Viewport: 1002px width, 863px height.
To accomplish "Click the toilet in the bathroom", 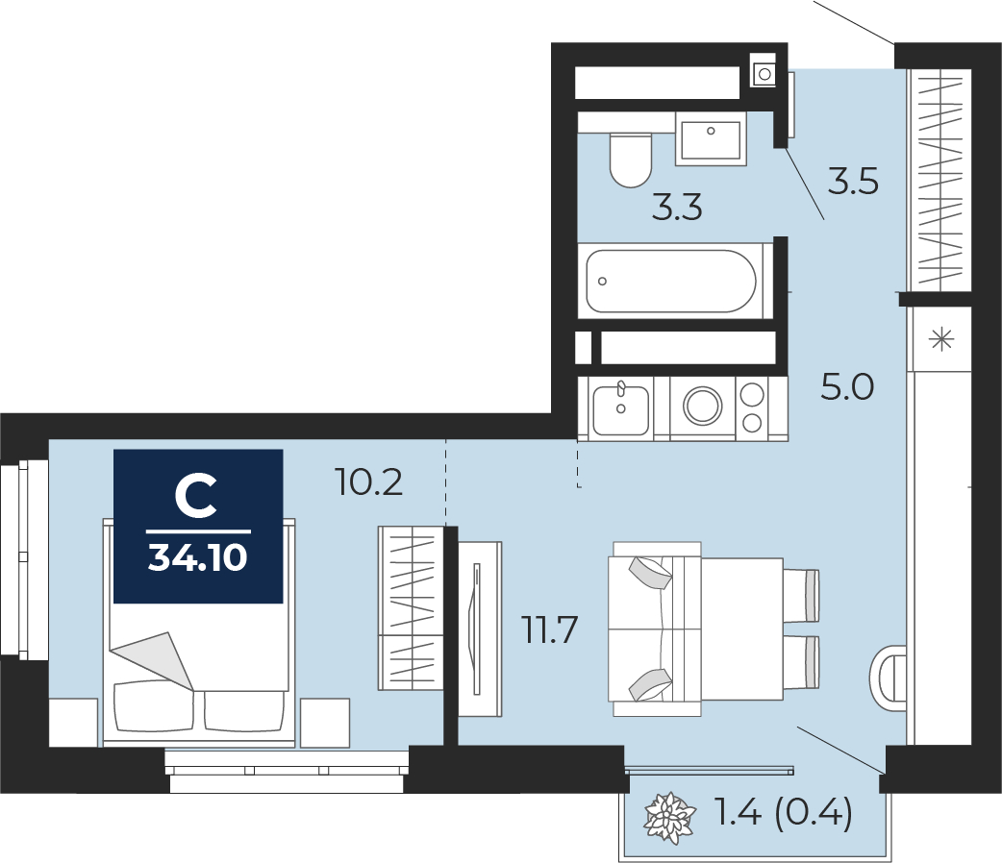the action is pyautogui.click(x=630, y=160).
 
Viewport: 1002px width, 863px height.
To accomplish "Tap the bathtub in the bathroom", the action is pyautogui.click(x=671, y=281).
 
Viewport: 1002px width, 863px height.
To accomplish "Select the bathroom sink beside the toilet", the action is pyautogui.click(x=711, y=138).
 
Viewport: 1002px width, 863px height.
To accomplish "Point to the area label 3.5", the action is pyautogui.click(x=853, y=182).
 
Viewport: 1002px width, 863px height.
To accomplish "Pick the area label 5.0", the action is pyautogui.click(x=847, y=387).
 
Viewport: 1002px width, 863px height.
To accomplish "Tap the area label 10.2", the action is pyautogui.click(x=369, y=482).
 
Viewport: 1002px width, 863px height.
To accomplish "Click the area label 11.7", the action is pyautogui.click(x=550, y=629).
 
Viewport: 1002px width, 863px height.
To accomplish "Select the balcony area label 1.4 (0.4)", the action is pyautogui.click(x=784, y=814).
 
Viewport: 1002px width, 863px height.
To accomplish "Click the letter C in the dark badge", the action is pyautogui.click(x=195, y=498).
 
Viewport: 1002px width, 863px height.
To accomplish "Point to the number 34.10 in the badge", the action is pyautogui.click(x=197, y=557).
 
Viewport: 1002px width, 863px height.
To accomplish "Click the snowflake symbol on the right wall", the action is pyautogui.click(x=942, y=340).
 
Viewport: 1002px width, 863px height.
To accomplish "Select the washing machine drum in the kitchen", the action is pyautogui.click(x=702, y=406).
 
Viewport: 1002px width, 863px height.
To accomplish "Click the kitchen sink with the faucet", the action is pyautogui.click(x=620, y=408).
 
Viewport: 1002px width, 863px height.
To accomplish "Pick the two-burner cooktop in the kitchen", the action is pyautogui.click(x=752, y=407).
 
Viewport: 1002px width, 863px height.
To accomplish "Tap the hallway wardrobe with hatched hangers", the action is pyautogui.click(x=939, y=179).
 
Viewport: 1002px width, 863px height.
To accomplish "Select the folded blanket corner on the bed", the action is pyautogui.click(x=153, y=660).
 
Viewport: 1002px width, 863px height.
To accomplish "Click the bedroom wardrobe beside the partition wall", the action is pyautogui.click(x=411, y=608).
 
